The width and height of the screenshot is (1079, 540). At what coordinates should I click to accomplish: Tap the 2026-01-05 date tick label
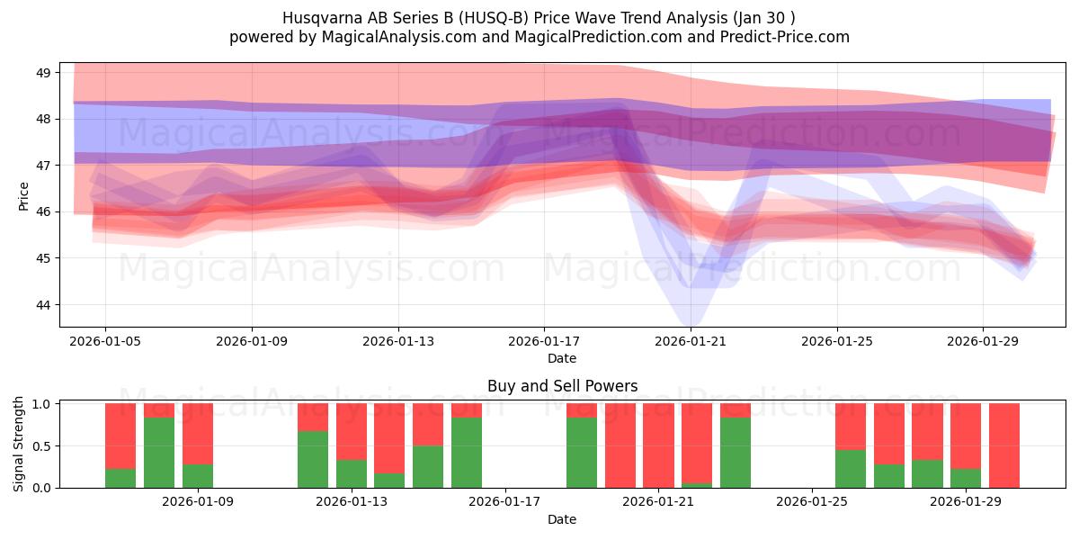105,341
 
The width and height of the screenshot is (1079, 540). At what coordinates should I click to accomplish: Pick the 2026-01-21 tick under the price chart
691,341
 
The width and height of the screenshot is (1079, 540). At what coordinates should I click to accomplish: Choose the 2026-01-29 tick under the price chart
983,341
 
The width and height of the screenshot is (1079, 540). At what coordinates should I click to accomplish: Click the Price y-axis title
23,195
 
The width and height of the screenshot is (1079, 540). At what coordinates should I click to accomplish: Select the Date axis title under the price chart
562,358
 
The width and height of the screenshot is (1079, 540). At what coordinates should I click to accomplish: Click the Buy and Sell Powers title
562,386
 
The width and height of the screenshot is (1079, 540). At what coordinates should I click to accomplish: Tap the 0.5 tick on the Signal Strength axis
42,445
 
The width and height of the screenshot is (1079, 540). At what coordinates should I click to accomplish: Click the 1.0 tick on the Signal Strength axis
42,403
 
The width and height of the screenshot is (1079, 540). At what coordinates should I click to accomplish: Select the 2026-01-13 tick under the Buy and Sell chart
352,501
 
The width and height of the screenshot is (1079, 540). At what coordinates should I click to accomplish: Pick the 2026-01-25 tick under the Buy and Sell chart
812,501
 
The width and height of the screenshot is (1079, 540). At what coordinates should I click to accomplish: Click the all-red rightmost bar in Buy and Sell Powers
1004,445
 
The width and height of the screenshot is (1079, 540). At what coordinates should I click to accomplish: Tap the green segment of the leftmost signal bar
120,478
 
